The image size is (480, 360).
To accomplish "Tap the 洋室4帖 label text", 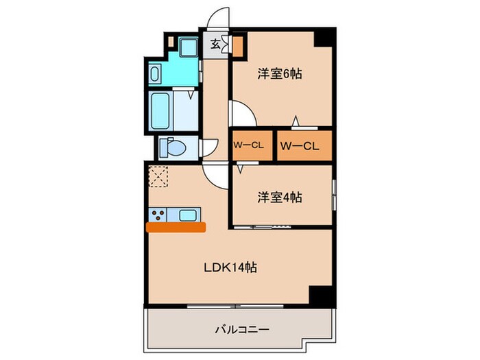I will click(x=280, y=197).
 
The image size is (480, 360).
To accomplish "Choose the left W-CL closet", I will click(x=250, y=145).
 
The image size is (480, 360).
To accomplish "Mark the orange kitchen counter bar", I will click(x=176, y=227).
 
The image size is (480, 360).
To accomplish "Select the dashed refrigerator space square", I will click(x=159, y=176).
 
